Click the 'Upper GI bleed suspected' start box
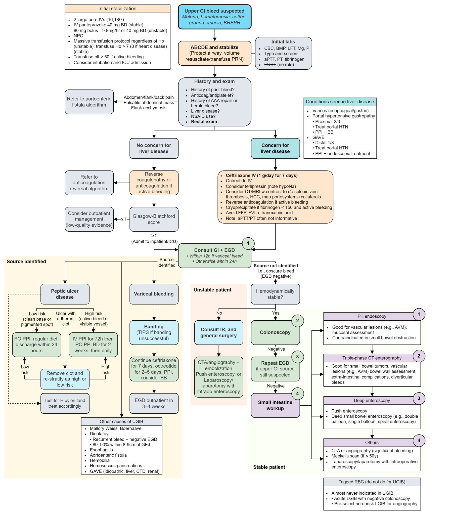[x=214, y=17]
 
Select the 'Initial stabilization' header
[x=117, y=9]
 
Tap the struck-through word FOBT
[x=270, y=64]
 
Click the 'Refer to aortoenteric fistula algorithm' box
[x=89, y=102]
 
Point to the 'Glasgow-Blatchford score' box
[x=154, y=219]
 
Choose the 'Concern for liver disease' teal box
[x=275, y=148]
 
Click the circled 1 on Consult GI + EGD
[x=248, y=243]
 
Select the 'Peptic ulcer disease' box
[x=65, y=294]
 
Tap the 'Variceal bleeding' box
[x=154, y=294]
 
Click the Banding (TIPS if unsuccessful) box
[x=154, y=332]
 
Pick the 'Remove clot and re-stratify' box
[x=65, y=379]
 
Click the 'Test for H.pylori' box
[x=65, y=403]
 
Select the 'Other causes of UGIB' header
[x=121, y=421]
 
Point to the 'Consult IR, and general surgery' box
[x=218, y=332]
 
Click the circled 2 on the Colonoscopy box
[x=297, y=321]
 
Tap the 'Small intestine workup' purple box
[x=275, y=405]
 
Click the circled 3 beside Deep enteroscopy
[x=419, y=398]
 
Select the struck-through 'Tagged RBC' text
[x=351, y=482]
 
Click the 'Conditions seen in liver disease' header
[x=340, y=102]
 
